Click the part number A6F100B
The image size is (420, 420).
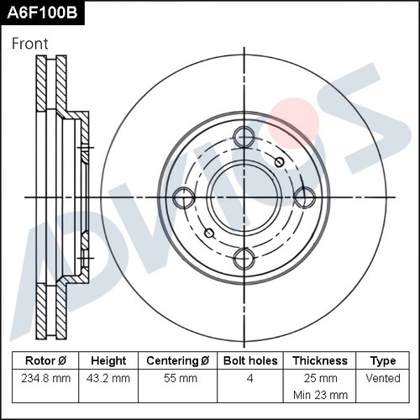pos(42,13)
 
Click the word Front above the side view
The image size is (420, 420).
pos(30,44)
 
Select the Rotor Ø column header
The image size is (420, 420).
pos(45,360)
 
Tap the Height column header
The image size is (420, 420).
pos(108,361)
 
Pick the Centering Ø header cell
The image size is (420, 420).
pos(178,360)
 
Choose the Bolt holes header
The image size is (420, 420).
pos(250,360)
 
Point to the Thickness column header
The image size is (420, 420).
pos(320,360)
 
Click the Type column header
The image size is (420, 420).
pos(383,361)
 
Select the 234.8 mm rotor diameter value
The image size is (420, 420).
pos(46,379)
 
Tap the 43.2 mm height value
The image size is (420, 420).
pos(108,379)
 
